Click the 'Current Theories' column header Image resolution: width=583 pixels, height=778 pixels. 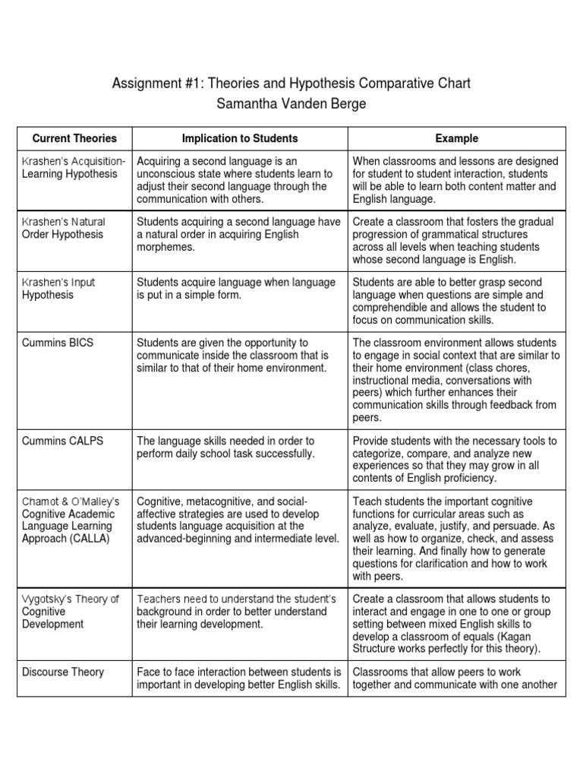click(x=74, y=138)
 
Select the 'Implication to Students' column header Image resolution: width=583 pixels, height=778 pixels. click(x=240, y=138)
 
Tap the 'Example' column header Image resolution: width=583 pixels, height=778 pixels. click(x=456, y=138)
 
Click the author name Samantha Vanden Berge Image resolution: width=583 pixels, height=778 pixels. click(x=291, y=104)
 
